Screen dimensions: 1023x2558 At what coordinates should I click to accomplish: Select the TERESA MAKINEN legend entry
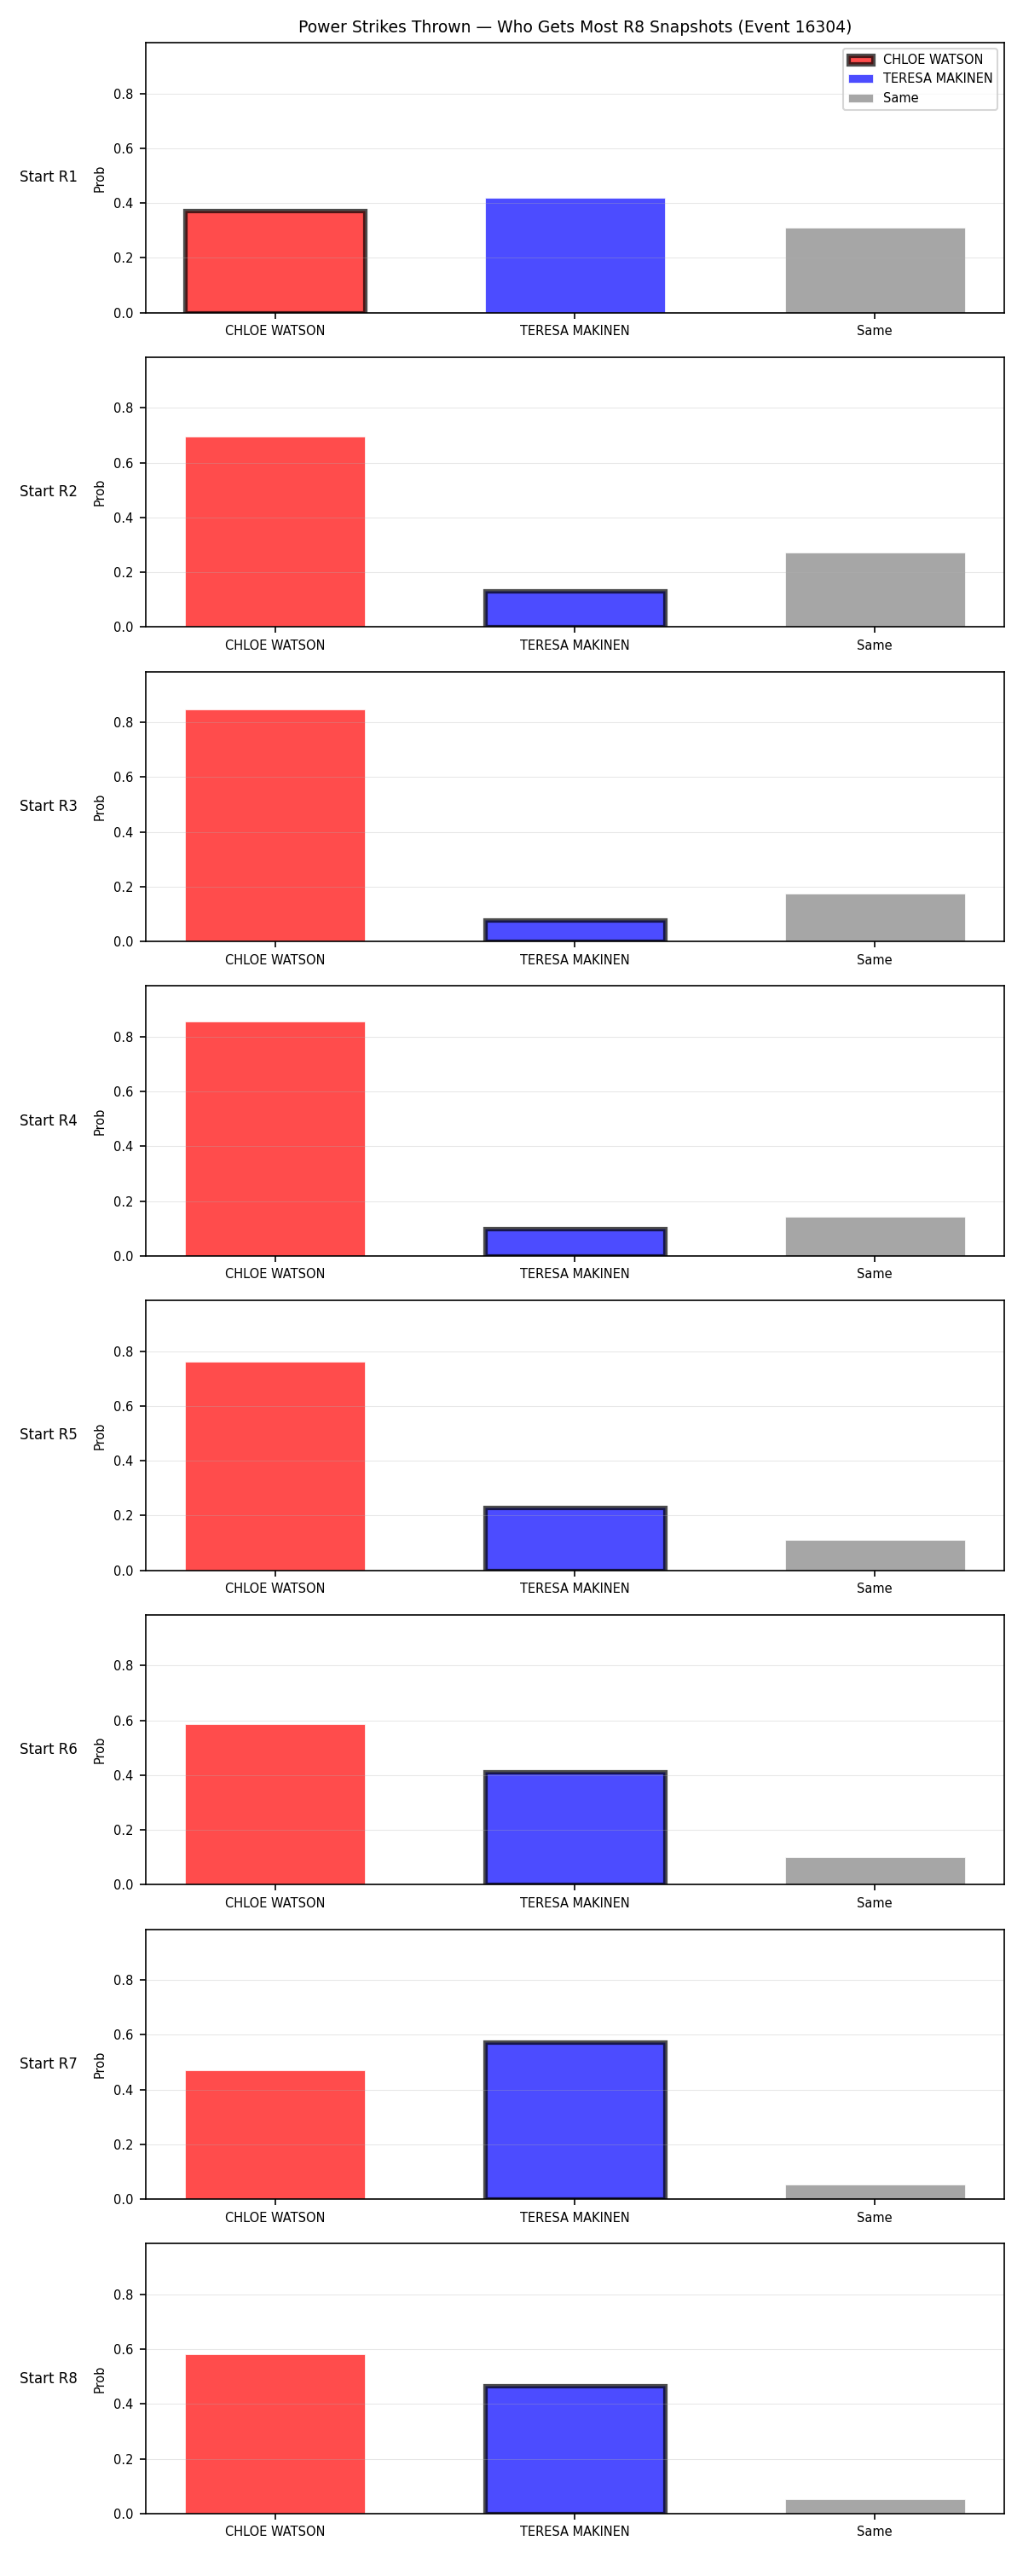pyautogui.click(x=920, y=78)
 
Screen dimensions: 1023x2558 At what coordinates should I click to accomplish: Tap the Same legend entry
pyautogui.click(x=884, y=98)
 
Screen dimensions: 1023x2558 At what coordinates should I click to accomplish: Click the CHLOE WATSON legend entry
pyautogui.click(x=915, y=60)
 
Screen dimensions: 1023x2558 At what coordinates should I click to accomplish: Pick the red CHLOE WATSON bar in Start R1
pyautogui.click(x=275, y=261)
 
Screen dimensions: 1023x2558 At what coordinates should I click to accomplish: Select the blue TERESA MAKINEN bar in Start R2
pyautogui.click(x=575, y=609)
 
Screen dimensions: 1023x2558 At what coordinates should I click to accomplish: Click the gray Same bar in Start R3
pyautogui.click(x=875, y=917)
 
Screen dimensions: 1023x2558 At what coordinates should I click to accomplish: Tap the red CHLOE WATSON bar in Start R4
pyautogui.click(x=275, y=1139)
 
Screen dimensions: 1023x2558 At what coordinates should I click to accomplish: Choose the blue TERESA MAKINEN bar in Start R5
pyautogui.click(x=575, y=1539)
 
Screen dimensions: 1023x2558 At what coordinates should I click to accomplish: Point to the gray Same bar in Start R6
pyautogui.click(x=875, y=1871)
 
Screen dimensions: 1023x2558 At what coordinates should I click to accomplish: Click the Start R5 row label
pyautogui.click(x=49, y=1435)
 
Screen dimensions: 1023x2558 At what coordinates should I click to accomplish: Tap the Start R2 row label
pyautogui.click(x=49, y=491)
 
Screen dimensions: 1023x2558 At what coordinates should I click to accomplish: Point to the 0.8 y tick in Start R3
pyautogui.click(x=123, y=723)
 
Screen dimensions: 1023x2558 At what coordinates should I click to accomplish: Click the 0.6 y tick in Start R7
pyautogui.click(x=123, y=2035)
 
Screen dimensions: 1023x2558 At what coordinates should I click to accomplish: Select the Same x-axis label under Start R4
pyautogui.click(x=874, y=1274)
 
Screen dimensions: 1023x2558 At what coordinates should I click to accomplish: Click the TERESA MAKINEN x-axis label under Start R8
pyautogui.click(x=575, y=2532)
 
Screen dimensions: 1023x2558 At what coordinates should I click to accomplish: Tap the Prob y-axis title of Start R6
pyautogui.click(x=100, y=1751)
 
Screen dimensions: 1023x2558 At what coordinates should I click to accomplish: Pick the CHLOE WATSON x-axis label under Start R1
pyautogui.click(x=275, y=331)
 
